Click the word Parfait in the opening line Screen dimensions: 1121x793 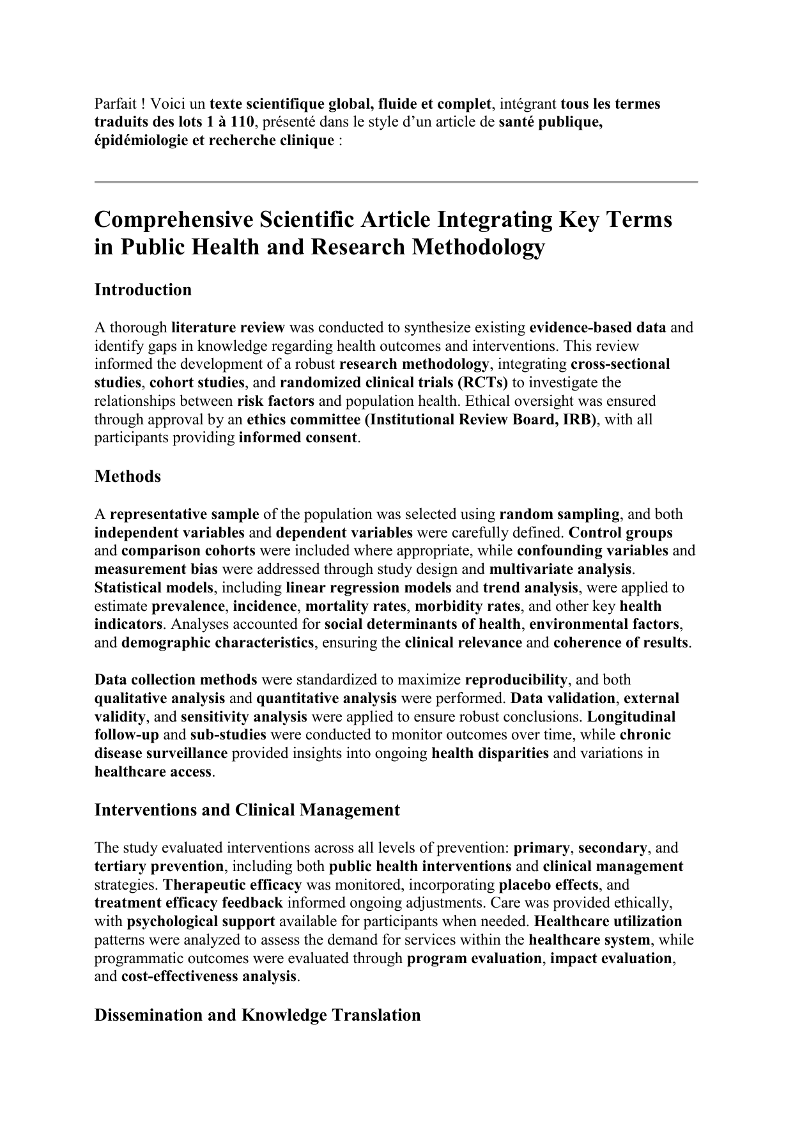115,104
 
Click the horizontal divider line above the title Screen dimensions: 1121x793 396,182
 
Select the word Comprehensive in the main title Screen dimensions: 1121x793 172,219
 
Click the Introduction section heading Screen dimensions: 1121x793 142,290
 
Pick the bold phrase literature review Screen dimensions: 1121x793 227,328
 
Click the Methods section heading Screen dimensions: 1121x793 127,476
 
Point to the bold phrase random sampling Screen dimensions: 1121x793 559,514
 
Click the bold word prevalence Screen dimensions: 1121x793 188,606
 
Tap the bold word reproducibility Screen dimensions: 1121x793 516,680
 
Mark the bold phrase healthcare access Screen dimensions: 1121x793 153,771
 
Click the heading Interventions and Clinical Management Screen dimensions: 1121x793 247,810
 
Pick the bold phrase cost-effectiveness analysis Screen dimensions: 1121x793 208,977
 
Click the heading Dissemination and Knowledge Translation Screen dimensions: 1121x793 257,1015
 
